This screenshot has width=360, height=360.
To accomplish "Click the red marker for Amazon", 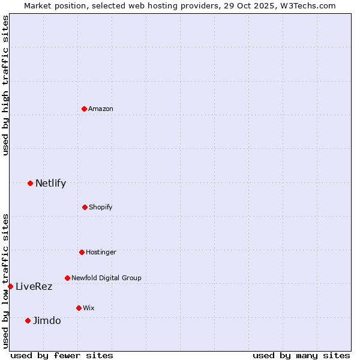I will point(84,109).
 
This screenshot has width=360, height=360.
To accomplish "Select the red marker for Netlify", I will point(30,183).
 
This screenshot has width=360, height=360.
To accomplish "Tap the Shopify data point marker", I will point(85,207).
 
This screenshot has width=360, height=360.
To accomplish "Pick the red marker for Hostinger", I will point(82,252).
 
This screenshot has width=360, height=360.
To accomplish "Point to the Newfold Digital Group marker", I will point(67,278).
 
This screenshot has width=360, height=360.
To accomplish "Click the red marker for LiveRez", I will point(10,286).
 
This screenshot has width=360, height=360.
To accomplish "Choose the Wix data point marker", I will point(79,308).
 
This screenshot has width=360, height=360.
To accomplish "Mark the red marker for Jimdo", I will point(28,320).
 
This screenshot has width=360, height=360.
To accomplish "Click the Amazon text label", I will point(101,109).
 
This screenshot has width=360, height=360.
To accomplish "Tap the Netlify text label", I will point(50,183).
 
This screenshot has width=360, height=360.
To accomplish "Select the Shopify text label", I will point(101,207).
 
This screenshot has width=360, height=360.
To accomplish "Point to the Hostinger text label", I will point(101,252).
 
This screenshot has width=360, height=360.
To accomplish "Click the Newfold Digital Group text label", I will point(106,278).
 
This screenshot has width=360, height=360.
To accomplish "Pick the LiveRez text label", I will point(34,286).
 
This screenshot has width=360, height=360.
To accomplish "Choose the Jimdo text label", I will point(47,320).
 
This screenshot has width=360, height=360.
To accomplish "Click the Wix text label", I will point(89,308).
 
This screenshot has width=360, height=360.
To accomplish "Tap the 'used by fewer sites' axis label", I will point(62,355).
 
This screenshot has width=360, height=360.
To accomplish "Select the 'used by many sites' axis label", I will point(301,355).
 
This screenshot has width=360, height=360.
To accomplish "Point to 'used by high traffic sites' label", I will point(5,85).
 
